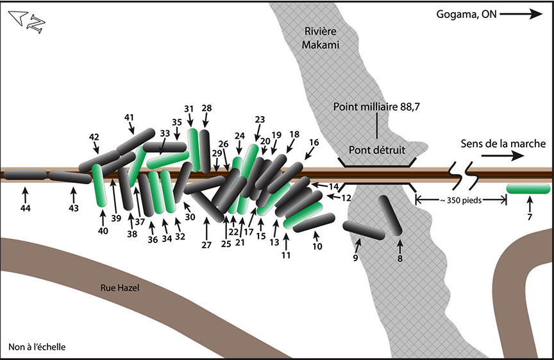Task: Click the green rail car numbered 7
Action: pos(528,189)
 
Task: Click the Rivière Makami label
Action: pos(321,37)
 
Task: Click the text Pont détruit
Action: pos(377,150)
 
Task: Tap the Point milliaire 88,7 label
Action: pos(377,107)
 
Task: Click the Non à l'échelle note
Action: pos(37,348)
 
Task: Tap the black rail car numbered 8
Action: pos(389,216)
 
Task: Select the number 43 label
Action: pos(73,209)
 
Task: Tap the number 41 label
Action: pos(129,117)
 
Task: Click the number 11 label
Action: pos(285,255)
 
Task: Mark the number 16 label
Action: pos(314,142)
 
